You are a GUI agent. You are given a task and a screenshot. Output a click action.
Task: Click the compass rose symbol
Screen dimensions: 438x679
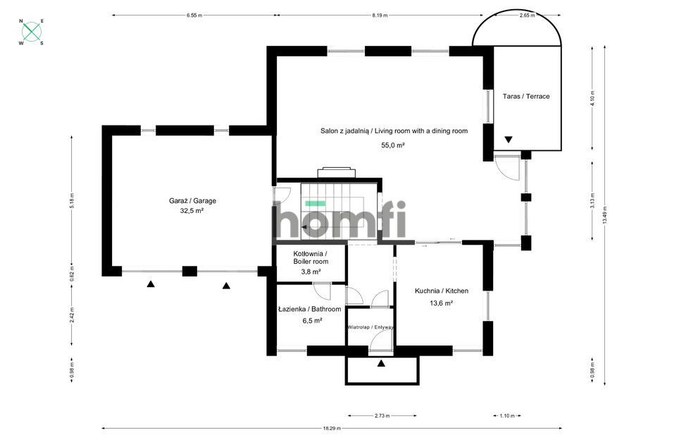31,32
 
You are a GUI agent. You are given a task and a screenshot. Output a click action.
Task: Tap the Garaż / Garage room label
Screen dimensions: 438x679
192,201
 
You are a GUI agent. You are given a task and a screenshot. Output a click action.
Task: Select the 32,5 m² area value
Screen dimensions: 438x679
192,211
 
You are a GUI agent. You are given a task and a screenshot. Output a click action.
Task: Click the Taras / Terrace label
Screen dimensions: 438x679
526,96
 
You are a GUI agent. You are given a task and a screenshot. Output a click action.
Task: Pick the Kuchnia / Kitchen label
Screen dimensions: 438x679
441,291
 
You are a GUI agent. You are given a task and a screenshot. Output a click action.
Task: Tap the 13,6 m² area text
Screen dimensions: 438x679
441,303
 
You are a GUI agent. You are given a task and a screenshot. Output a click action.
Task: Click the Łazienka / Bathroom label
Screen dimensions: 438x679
309,309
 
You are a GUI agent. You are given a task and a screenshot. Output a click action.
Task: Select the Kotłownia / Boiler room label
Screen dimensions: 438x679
311,257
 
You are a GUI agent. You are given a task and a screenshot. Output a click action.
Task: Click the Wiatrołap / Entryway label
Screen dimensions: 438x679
370,327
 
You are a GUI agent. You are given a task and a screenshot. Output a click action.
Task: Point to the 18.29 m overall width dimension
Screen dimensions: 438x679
332,428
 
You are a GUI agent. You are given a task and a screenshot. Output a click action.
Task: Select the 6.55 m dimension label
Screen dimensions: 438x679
195,14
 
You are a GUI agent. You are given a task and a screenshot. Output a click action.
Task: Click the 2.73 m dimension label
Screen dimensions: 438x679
382,415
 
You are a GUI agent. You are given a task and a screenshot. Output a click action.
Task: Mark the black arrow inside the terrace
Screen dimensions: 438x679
508,140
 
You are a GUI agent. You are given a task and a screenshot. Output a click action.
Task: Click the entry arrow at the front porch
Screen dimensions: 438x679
381,364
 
